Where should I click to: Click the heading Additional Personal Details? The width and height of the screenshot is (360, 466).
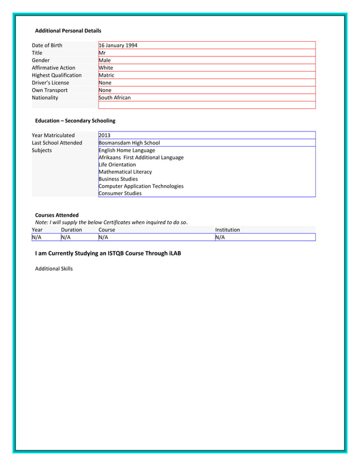68,30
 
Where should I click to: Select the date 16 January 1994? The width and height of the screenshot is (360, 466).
118,45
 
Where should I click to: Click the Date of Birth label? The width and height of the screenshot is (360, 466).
47,45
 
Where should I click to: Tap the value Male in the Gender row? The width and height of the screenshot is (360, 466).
105,60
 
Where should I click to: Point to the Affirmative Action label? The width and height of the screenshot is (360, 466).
54,68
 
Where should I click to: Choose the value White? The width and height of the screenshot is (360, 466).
106,68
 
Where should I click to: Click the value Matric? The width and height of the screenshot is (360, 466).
107,75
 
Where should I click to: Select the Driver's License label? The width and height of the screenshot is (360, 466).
51,83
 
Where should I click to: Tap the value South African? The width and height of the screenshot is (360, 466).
115,98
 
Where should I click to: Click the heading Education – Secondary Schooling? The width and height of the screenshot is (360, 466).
75,121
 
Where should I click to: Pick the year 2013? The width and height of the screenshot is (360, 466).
104,135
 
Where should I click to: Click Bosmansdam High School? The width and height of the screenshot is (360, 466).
129,143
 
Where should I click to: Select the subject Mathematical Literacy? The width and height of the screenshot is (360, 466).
125,172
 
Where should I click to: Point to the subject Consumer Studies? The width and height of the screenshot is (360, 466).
120,194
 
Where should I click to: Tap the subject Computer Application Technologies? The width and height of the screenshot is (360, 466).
141,186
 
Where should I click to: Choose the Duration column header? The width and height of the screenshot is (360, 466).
72,230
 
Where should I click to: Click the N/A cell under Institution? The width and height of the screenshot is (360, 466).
220,238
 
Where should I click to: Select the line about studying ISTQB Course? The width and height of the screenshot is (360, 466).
108,254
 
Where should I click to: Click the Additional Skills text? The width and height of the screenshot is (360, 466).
54,269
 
